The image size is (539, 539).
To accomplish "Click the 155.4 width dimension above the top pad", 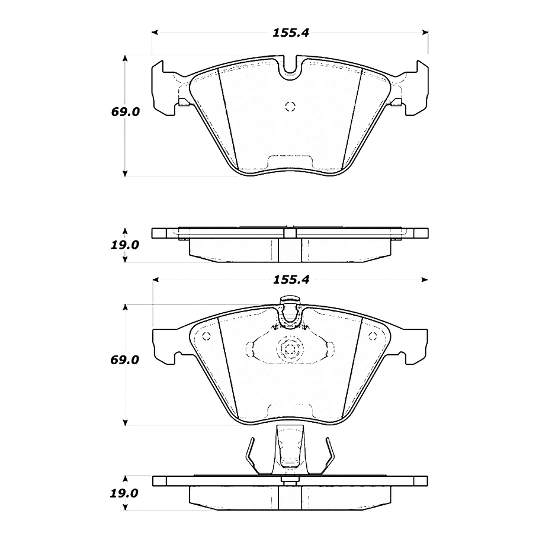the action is point(291,33).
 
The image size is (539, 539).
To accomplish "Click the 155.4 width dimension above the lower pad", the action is point(291,280).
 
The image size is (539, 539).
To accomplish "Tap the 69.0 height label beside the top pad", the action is point(125,112).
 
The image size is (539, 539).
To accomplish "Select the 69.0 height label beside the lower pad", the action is point(124,360).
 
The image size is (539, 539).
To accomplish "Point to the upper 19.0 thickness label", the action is point(124,245).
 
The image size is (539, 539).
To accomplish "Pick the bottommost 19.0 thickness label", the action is point(124,493).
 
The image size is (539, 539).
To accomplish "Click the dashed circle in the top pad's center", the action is point(290,107).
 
